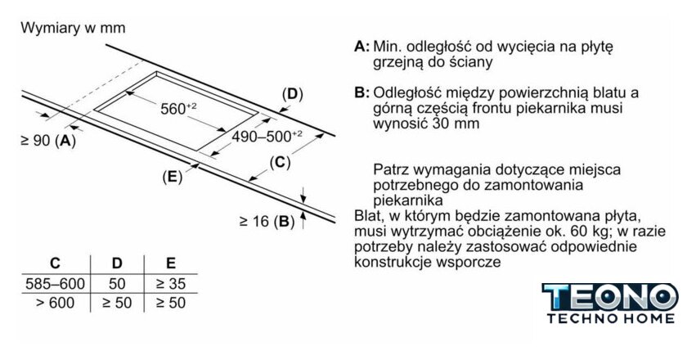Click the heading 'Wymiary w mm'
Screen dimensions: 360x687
coord(73,28)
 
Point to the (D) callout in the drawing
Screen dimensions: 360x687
coord(292,93)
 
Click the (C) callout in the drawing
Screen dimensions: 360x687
coord(280,162)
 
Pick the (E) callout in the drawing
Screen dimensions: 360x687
coord(171,176)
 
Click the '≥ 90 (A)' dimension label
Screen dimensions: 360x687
coord(47,140)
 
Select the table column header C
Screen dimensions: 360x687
coord(55,263)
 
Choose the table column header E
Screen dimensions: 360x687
coord(170,263)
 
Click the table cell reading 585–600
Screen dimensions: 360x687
coord(55,284)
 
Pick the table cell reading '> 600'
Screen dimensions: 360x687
coord(55,303)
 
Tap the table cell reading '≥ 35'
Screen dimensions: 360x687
coord(170,284)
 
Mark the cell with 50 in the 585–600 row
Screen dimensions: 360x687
coord(117,284)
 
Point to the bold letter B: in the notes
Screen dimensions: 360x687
coord(362,92)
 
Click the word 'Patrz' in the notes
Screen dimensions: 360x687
coord(391,169)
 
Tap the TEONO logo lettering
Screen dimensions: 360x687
coord(610,295)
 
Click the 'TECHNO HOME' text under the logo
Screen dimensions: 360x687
coord(610,317)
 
